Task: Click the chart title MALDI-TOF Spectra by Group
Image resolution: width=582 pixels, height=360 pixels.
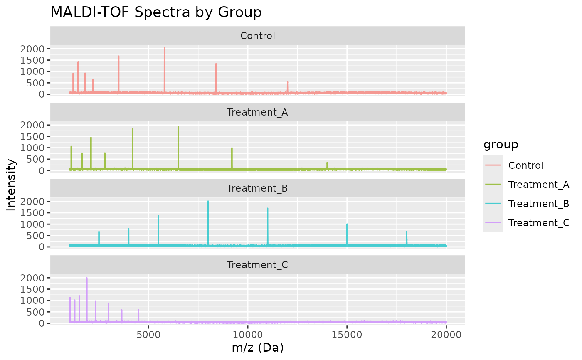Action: [x=156, y=12]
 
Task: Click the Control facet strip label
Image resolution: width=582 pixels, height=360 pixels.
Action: [x=258, y=36]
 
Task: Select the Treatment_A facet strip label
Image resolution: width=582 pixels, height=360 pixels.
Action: [x=258, y=112]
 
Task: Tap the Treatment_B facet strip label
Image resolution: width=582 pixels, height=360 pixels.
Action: [x=258, y=188]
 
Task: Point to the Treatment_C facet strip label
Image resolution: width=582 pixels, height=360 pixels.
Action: [x=258, y=265]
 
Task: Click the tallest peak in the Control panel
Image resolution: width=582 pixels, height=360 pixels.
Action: [x=164, y=48]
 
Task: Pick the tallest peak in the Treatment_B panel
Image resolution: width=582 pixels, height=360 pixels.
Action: [x=208, y=202]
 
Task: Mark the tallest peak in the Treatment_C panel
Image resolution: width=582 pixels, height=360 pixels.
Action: [x=86, y=278]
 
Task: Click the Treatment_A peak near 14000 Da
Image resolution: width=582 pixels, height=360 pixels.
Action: [x=327, y=163]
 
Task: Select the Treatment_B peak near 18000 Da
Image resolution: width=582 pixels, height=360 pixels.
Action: [x=407, y=232]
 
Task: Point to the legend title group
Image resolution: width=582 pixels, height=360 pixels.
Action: [x=501, y=145]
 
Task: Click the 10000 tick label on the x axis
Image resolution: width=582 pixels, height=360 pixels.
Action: [x=248, y=334]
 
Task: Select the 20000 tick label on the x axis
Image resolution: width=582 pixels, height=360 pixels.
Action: [x=446, y=334]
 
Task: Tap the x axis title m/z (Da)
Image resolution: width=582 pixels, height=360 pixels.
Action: [x=258, y=348]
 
